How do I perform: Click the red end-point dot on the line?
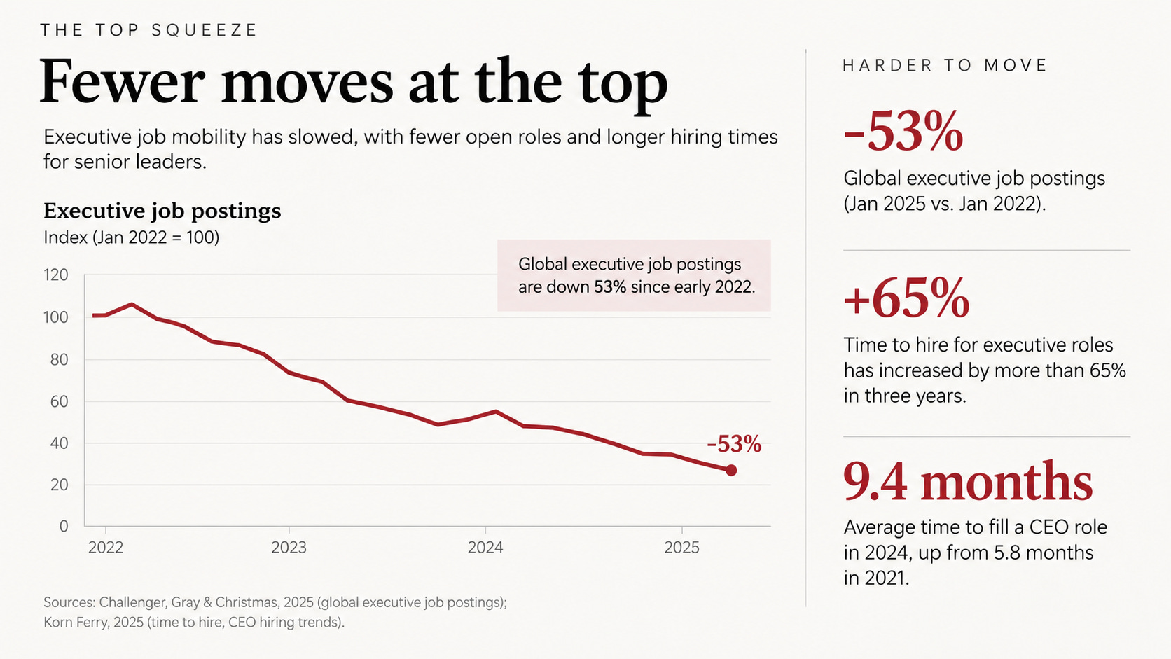pyautogui.click(x=731, y=471)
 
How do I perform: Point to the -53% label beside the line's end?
pyautogui.click(x=734, y=444)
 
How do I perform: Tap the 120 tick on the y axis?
pyautogui.click(x=56, y=275)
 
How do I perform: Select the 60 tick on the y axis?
pyautogui.click(x=59, y=401)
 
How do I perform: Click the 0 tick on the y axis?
pyautogui.click(x=64, y=526)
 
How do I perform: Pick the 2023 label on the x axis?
pyautogui.click(x=289, y=547)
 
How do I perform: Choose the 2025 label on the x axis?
pyautogui.click(x=681, y=547)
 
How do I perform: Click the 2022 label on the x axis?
pyautogui.click(x=106, y=547)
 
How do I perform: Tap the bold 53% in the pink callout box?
pyautogui.click(x=610, y=287)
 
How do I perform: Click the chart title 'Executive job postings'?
pyautogui.click(x=162, y=211)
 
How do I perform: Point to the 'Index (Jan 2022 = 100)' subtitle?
pyautogui.click(x=131, y=237)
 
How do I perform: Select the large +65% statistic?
pyautogui.click(x=906, y=298)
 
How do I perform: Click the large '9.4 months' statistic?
pyautogui.click(x=968, y=481)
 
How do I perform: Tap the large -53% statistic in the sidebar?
pyautogui.click(x=903, y=131)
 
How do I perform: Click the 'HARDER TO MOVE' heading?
pyautogui.click(x=944, y=65)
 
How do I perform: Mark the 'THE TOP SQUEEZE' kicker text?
pyautogui.click(x=148, y=30)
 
